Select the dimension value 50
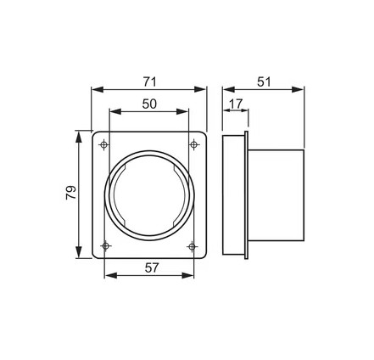149,104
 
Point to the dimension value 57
149,267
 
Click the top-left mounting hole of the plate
103,145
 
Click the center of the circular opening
149,196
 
